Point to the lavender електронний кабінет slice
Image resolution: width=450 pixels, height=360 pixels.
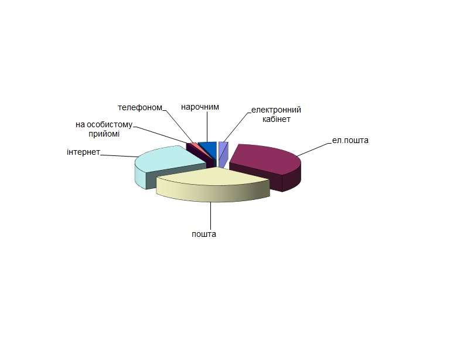tap(223, 154)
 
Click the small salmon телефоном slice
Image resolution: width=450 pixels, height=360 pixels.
tap(194, 144)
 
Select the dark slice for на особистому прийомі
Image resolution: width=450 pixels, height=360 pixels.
tap(201, 155)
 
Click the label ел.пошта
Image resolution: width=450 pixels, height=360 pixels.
tap(350, 140)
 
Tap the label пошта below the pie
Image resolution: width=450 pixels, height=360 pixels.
tap(204, 235)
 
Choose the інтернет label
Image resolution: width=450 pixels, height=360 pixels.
tap(83, 152)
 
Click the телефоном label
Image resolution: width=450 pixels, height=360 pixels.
tap(140, 108)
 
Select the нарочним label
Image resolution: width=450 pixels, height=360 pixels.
tap(200, 107)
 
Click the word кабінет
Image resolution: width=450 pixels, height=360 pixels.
tap(277, 119)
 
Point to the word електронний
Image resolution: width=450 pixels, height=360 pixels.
tap(276, 110)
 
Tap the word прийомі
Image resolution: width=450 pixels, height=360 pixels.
tap(104, 134)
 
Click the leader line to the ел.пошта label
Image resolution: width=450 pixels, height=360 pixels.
tap(314, 150)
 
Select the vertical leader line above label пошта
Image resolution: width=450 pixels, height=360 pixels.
tap(211, 216)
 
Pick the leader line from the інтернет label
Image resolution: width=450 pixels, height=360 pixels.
tap(119, 156)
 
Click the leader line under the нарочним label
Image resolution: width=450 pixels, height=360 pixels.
tap(207, 127)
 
